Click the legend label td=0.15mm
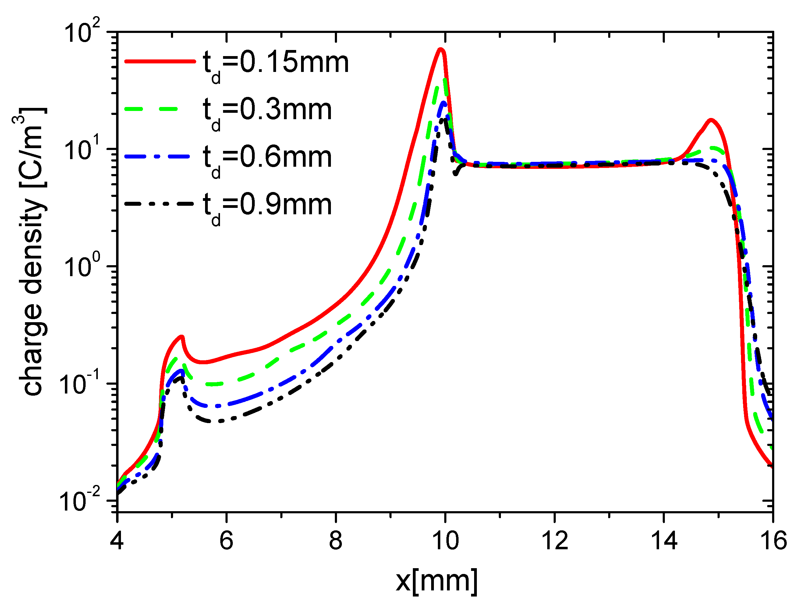point(276,64)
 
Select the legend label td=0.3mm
point(267,111)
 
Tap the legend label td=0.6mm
point(267,159)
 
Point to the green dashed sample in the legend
point(151,108)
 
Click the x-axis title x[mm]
point(437,580)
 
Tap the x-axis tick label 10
point(445,541)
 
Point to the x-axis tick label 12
point(555,541)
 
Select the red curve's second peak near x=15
point(710,120)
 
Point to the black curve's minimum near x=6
point(220,421)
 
